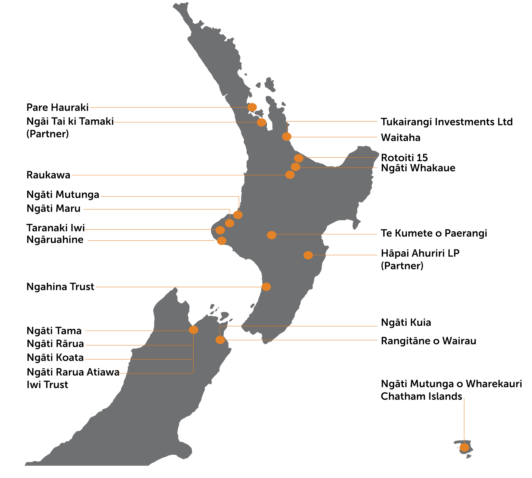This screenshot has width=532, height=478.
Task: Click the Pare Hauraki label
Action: pos(57,108)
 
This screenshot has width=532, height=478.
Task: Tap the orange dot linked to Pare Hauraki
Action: pos(252,107)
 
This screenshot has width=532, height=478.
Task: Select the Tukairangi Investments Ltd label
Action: pos(446,122)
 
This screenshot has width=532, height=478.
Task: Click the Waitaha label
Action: pos(400,138)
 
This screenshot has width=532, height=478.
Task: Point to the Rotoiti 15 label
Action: pos(404,158)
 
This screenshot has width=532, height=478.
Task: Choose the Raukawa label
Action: pos(49,175)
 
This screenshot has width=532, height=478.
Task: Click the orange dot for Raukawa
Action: pos(290,175)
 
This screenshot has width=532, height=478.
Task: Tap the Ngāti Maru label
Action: pos(54,208)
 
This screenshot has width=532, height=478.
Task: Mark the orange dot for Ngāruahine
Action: pos(222,241)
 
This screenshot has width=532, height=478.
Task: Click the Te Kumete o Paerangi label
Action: pos(434,233)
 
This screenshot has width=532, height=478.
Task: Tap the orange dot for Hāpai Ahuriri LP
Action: pos(308,255)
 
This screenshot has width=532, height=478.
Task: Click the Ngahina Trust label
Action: pos(60,287)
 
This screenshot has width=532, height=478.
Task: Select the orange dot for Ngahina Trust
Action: pos(266,287)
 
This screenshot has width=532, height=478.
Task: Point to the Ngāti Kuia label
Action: pos(406,323)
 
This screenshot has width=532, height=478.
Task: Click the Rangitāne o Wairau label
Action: pos(428,341)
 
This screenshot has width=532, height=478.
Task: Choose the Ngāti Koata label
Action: pos(55,358)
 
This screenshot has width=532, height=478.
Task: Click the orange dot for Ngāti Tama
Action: pos(193,330)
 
